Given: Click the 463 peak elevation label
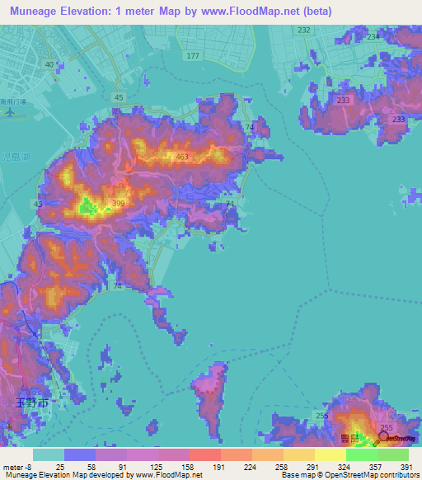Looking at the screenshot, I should (x=182, y=156).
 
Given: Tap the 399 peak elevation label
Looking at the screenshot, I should (x=119, y=203).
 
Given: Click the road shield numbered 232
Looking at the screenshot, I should (x=304, y=30).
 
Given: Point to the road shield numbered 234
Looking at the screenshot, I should (x=373, y=36).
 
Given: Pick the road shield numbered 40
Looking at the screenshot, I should (x=49, y=64).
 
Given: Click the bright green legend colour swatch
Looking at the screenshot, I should (x=362, y=454).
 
